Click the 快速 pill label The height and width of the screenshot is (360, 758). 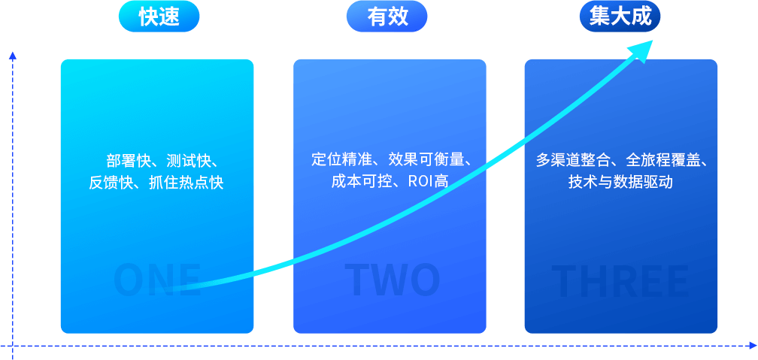tap(159, 17)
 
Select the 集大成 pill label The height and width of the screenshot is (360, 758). tap(620, 17)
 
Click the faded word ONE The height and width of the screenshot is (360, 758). tap(157, 280)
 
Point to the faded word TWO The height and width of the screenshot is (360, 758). tap(392, 280)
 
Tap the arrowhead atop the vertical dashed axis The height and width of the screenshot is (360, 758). tap(12, 55)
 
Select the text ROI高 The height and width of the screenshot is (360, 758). tap(429, 181)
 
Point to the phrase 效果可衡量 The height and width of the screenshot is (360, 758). tap(426, 159)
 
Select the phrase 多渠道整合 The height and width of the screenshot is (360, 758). tap(573, 160)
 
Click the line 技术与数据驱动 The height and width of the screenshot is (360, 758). tap(620, 182)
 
